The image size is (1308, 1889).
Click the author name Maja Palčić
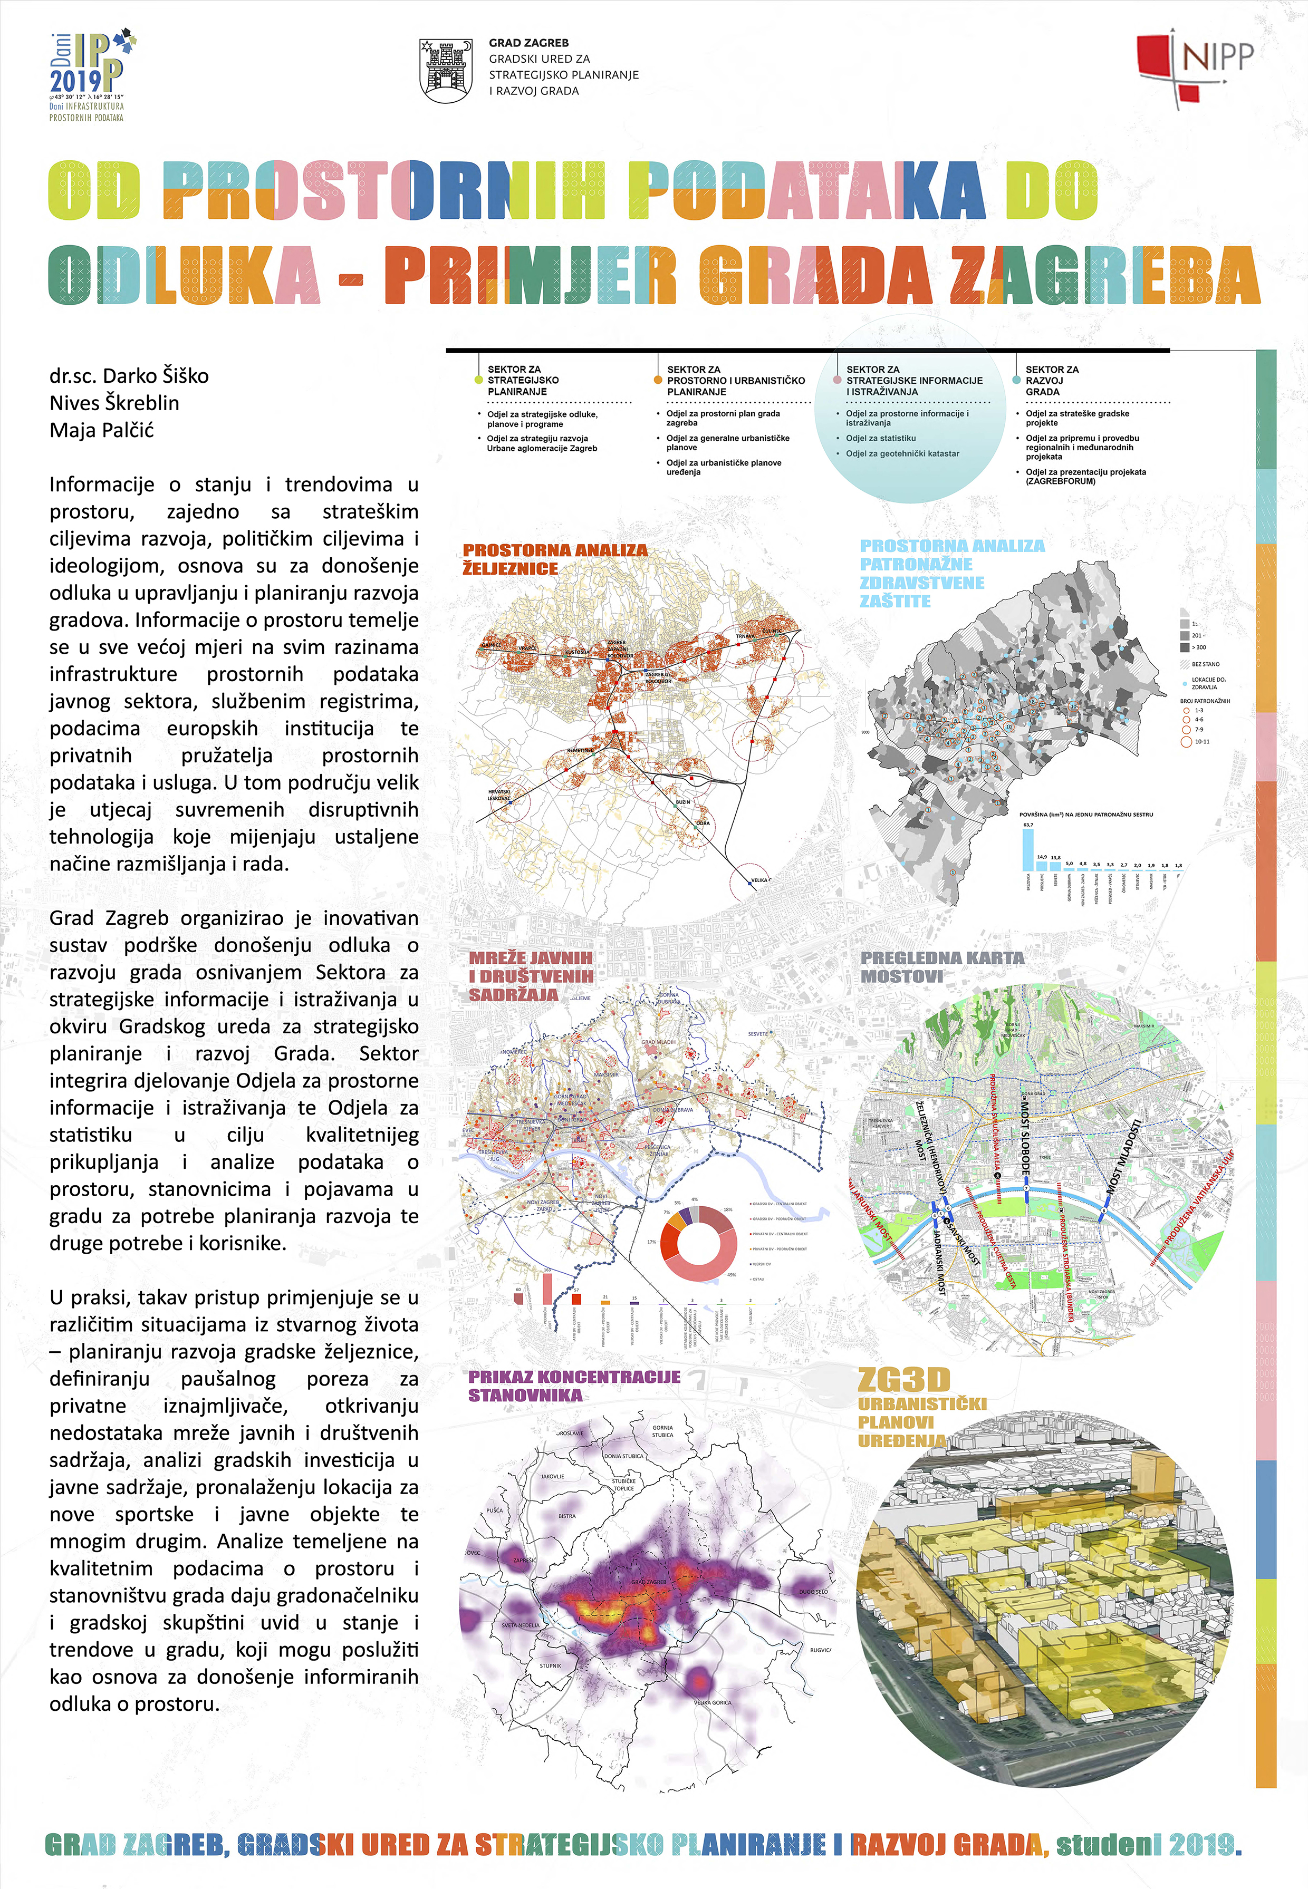[x=102, y=430]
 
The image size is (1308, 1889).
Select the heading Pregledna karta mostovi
[x=941, y=966]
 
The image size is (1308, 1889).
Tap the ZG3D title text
[x=903, y=1380]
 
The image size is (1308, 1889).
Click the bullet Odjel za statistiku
[x=880, y=438]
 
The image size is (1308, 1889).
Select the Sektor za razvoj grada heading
[x=1052, y=380]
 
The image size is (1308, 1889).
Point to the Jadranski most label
[x=939, y=1261]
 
